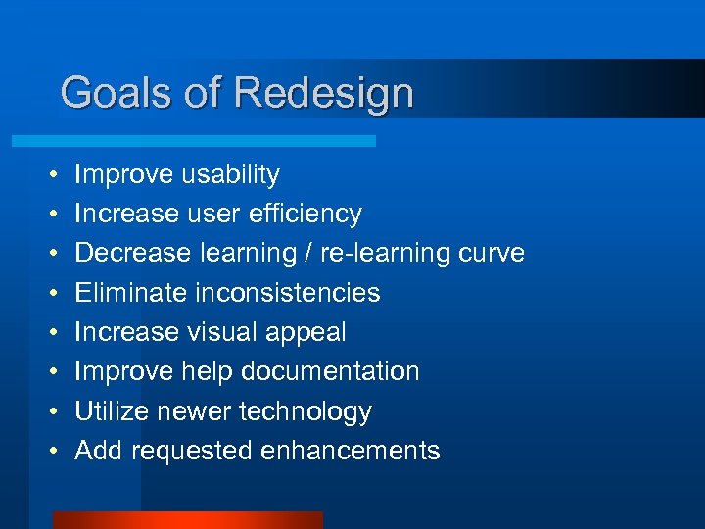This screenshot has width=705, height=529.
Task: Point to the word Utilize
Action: (x=113, y=411)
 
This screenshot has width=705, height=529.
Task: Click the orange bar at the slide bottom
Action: (x=187, y=520)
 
